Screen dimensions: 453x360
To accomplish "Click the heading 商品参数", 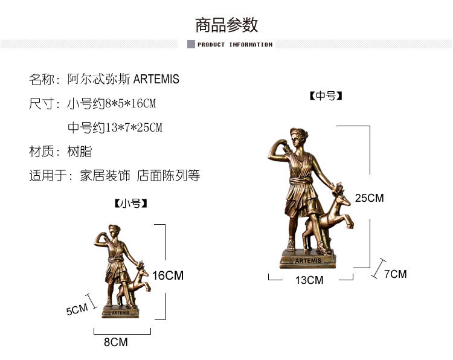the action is [226, 25].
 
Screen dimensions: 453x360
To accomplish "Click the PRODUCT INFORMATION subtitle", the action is [235, 45].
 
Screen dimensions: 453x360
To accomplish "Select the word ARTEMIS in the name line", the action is [156, 79].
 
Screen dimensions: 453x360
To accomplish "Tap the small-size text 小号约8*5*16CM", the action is [111, 103].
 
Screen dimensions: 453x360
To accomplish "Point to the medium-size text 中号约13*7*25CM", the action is [115, 127].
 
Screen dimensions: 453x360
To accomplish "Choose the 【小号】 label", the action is [130, 204].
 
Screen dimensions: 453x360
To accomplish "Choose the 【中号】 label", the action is [326, 96].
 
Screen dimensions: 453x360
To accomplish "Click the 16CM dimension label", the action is [167, 275].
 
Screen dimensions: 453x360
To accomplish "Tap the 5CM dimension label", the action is [77, 310].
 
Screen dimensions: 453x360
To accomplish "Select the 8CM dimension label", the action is [116, 342].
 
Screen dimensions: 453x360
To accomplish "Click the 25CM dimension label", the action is [370, 198].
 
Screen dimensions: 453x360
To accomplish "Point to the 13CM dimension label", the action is [309, 280].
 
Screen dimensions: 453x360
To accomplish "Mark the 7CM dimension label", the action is [395, 274].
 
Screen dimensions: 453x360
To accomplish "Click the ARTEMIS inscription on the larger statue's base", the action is [309, 261].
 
